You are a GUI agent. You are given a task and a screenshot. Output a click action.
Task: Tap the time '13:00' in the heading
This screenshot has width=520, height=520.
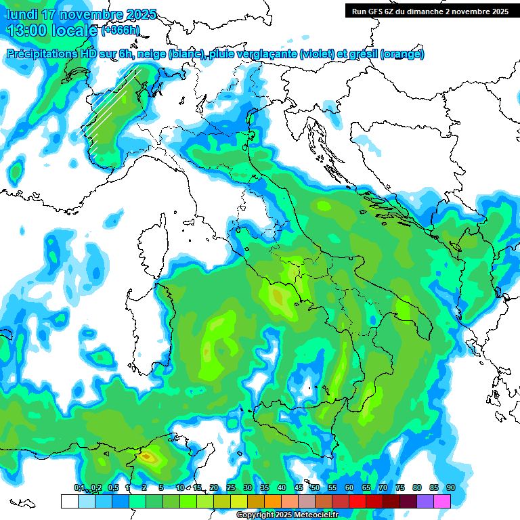tap(26, 30)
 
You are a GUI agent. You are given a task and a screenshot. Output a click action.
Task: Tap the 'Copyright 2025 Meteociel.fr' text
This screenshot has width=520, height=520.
tap(287, 515)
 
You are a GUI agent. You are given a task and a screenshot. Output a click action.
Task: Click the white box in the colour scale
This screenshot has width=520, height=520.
tap(69, 501)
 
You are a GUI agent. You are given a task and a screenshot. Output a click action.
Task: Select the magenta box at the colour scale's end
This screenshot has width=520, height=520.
tap(442, 501)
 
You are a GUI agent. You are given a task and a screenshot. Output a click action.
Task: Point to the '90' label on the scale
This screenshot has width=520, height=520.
tap(450, 487)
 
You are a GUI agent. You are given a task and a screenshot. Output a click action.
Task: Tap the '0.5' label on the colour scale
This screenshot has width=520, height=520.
tap(113, 487)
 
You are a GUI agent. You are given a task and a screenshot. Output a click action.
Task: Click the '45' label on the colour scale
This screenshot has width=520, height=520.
tap(299, 487)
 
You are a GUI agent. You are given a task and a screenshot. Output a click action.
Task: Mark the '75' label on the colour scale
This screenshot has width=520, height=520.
tap(400, 487)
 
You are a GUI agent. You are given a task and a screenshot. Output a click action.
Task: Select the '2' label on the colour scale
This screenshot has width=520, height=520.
tap(144, 487)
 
